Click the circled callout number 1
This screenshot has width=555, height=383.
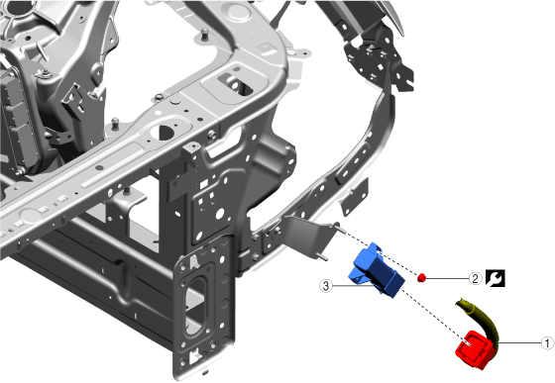tap(547, 342)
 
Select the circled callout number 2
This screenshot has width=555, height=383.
tap(476, 279)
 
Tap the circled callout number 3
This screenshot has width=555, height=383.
tap(326, 285)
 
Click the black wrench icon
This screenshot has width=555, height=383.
tap(496, 278)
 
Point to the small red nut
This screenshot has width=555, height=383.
tap(421, 278)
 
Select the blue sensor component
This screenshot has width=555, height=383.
tap(378, 270)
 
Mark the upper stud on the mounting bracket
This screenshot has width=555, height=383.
tap(337, 227)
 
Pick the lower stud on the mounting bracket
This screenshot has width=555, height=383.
tap(322, 257)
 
